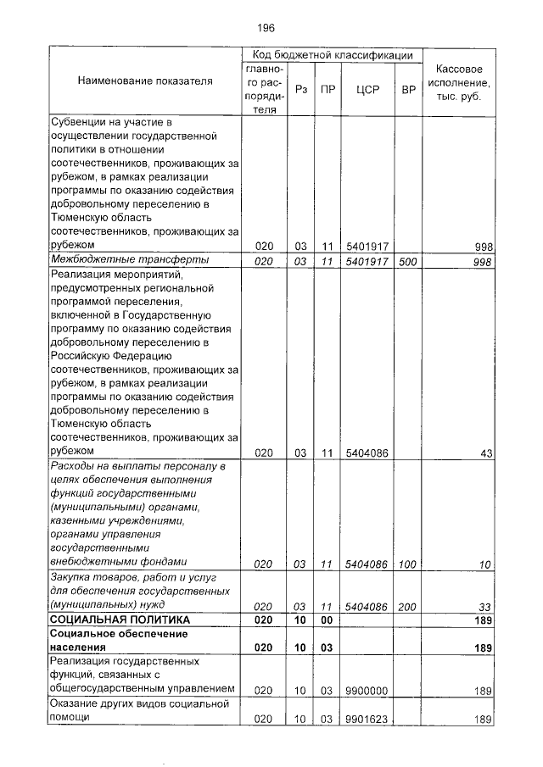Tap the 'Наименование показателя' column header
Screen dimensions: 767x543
click(x=145, y=81)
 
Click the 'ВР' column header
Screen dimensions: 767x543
click(x=408, y=88)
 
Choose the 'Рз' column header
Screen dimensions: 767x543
click(x=300, y=88)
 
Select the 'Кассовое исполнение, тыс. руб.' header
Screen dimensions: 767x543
click(x=459, y=82)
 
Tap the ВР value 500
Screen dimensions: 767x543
click(x=408, y=262)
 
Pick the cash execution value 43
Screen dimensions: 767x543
click(x=486, y=453)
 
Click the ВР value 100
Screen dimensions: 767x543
click(x=408, y=564)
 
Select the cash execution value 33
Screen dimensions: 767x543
click(x=486, y=607)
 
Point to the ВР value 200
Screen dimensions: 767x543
click(x=408, y=607)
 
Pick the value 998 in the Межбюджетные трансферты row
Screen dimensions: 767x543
click(x=484, y=262)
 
